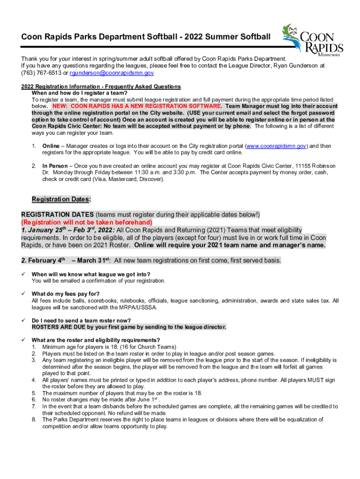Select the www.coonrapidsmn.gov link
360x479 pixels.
click(x=276, y=146)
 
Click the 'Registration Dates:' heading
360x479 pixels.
click(x=61, y=199)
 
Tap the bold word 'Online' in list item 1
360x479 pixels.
click(x=50, y=146)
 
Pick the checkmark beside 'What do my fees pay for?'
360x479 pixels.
click(x=23, y=294)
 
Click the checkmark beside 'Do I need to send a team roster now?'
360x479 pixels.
click(x=23, y=320)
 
